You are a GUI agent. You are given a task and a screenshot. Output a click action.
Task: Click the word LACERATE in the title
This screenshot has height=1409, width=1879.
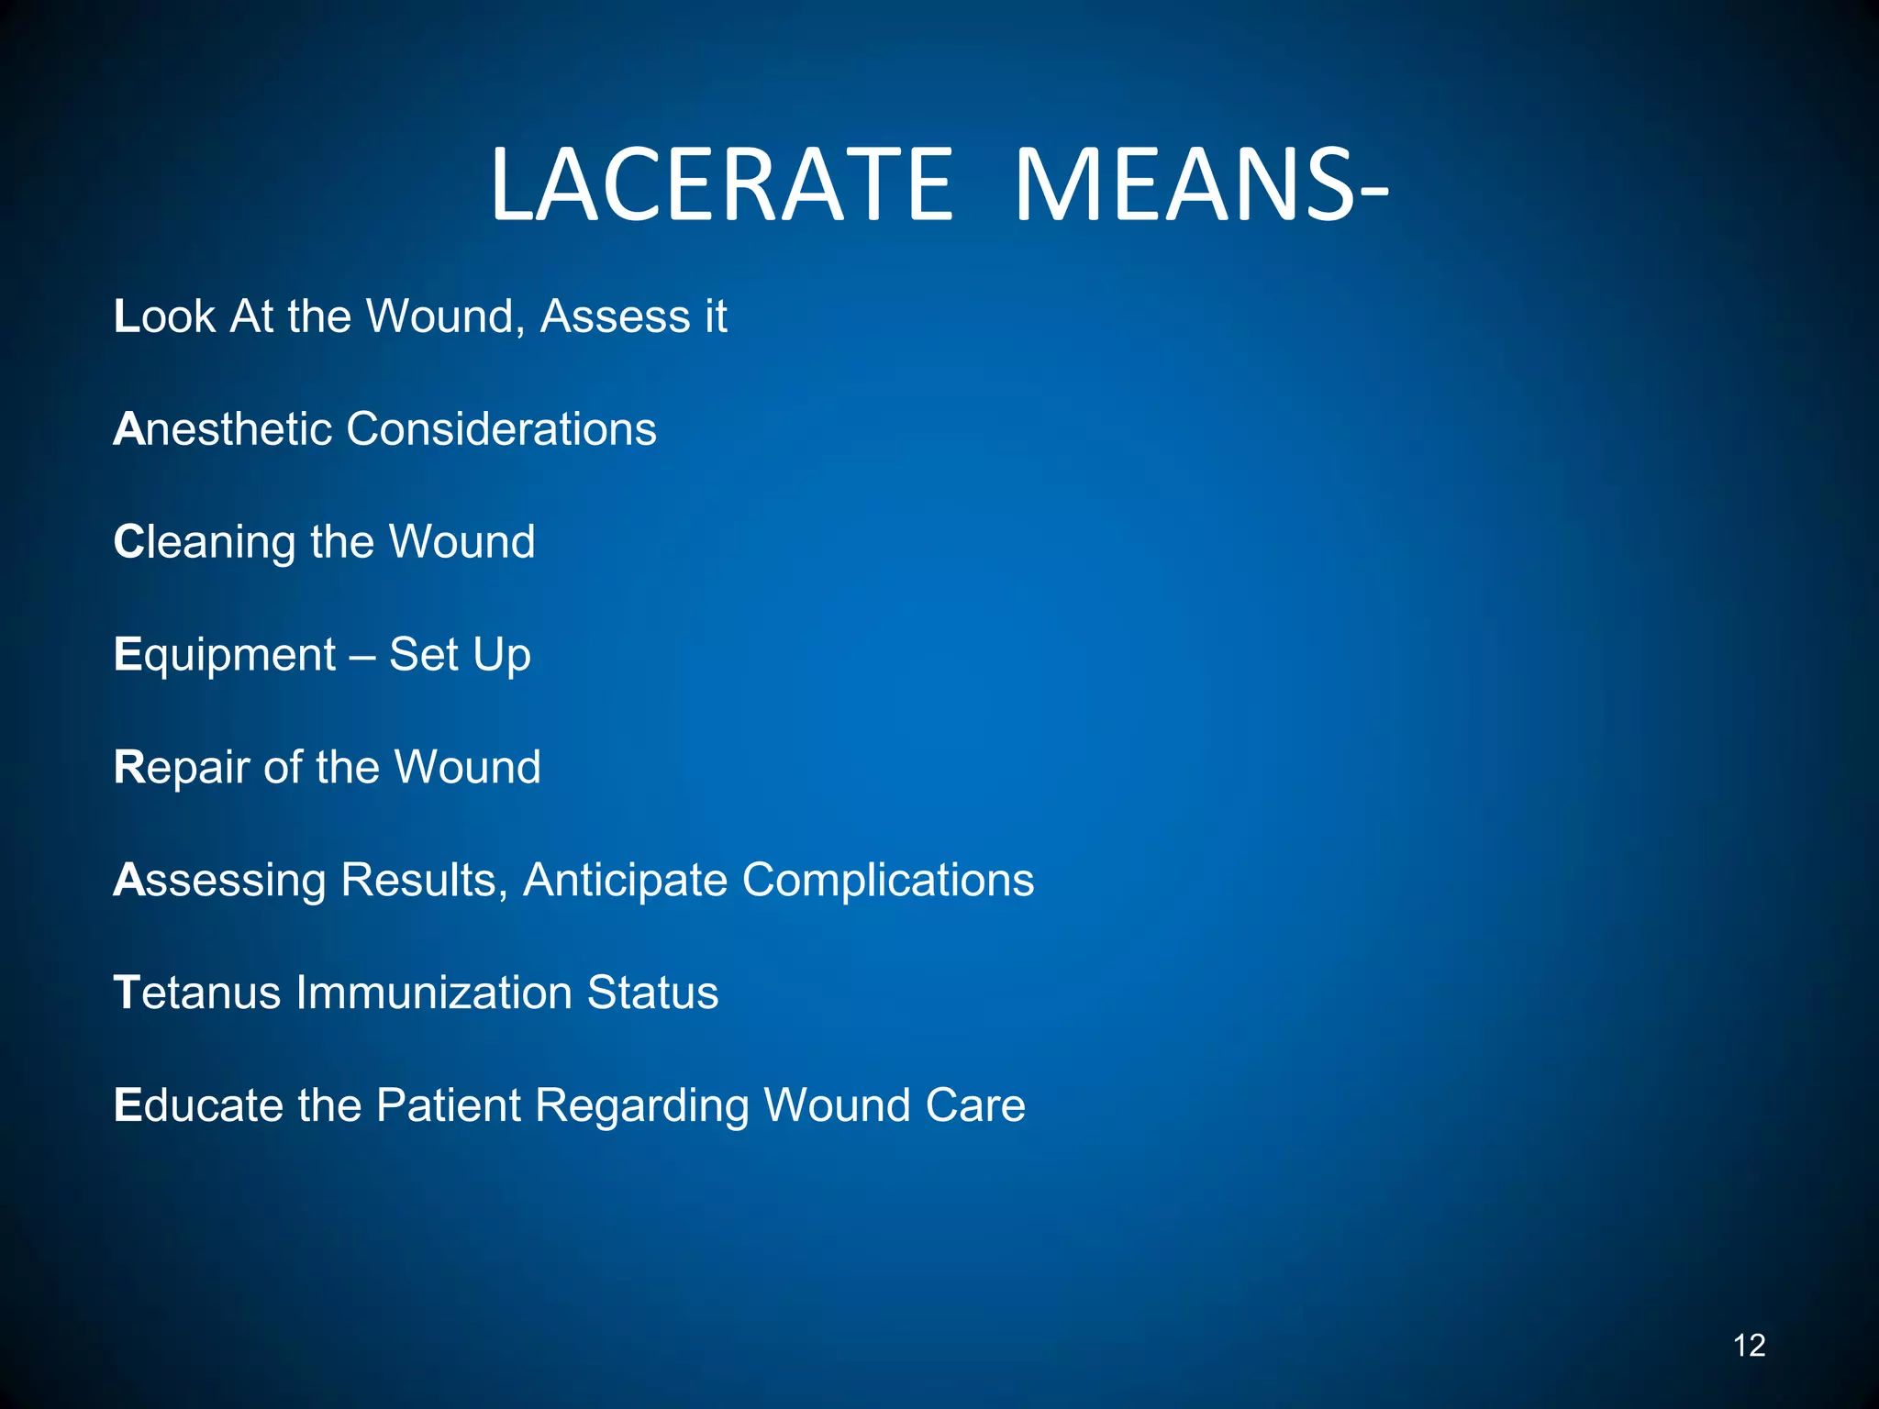[x=722, y=185]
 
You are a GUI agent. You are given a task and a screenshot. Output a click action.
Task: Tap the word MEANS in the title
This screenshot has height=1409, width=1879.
[x=1184, y=185]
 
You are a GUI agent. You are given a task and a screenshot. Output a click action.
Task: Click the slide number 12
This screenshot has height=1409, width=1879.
[x=1749, y=1345]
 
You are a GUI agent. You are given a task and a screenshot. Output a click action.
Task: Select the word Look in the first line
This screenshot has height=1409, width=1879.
[x=164, y=316]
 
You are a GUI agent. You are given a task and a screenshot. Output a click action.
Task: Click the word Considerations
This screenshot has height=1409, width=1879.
[x=501, y=429]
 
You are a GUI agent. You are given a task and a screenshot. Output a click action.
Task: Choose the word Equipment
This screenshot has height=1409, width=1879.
[x=225, y=655]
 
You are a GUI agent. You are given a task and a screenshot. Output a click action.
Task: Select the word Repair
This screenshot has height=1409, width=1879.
[x=181, y=768]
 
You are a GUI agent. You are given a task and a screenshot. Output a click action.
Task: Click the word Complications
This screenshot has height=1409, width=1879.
[x=887, y=881]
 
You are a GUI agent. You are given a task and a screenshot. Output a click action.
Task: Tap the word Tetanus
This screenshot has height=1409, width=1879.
[x=196, y=993]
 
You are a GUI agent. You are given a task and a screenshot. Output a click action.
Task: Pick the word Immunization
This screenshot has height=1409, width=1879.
[x=433, y=993]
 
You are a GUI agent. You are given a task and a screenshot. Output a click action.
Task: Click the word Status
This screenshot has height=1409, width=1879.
[x=652, y=993]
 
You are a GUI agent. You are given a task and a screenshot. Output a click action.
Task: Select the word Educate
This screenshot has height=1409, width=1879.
[x=198, y=1105]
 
